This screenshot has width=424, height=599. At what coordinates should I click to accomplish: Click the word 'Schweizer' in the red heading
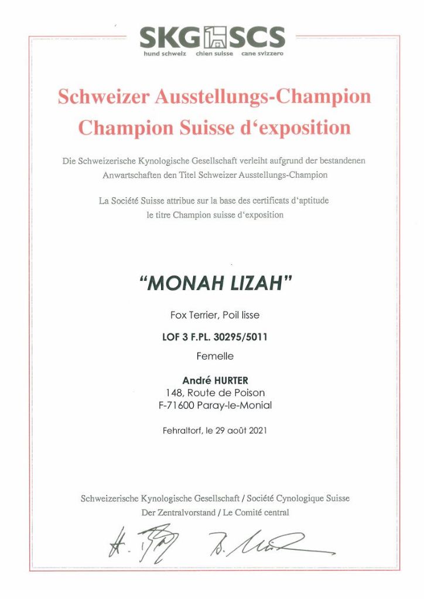click(x=104, y=97)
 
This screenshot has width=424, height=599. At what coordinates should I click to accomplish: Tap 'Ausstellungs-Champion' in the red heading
click(x=263, y=97)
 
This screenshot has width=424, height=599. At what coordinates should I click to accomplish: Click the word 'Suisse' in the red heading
click(x=205, y=127)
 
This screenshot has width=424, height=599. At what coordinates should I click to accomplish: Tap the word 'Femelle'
click(x=214, y=356)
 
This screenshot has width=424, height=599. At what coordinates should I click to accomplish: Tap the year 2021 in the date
click(x=258, y=431)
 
